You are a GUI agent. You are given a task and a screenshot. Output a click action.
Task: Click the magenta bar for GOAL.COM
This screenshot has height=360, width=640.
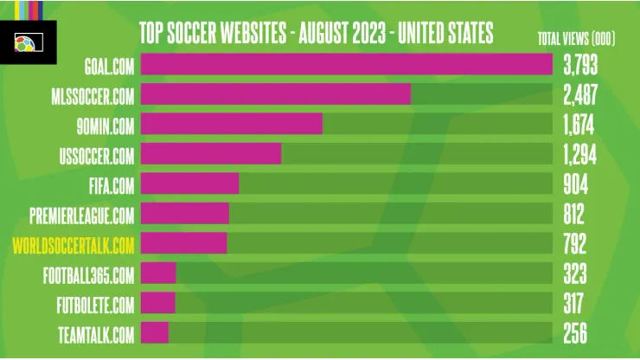coord(346,64)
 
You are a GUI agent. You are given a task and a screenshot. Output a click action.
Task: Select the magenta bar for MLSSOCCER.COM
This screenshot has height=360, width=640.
coord(275,94)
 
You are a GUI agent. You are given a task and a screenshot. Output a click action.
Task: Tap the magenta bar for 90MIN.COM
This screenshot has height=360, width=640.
coord(231,124)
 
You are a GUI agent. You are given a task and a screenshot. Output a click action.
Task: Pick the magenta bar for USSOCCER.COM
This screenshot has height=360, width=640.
coord(211,154)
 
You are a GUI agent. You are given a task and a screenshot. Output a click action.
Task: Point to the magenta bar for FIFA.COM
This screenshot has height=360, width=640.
coord(189,184)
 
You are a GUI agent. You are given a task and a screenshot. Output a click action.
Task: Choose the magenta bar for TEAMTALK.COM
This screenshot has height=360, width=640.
coord(154,333)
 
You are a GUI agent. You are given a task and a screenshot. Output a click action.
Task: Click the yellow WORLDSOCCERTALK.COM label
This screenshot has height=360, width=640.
coord(74,245)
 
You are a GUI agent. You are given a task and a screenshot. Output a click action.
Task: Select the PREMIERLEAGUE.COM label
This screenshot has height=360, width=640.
coord(81,215)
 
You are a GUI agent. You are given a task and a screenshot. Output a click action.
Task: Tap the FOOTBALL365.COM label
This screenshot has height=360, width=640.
coord(88,275)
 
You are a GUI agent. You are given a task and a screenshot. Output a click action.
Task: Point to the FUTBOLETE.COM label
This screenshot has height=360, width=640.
coord(93,305)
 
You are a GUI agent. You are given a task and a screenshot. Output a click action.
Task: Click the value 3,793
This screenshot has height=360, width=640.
coord(580,64)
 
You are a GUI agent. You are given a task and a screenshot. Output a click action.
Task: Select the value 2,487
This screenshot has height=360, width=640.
coord(580,94)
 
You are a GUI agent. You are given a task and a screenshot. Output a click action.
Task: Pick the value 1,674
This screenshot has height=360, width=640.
coord(579,124)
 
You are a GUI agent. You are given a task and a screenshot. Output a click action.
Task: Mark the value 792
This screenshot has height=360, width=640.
coord(574,245)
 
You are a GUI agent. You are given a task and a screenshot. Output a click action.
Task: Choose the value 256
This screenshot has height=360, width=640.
coord(574,333)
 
